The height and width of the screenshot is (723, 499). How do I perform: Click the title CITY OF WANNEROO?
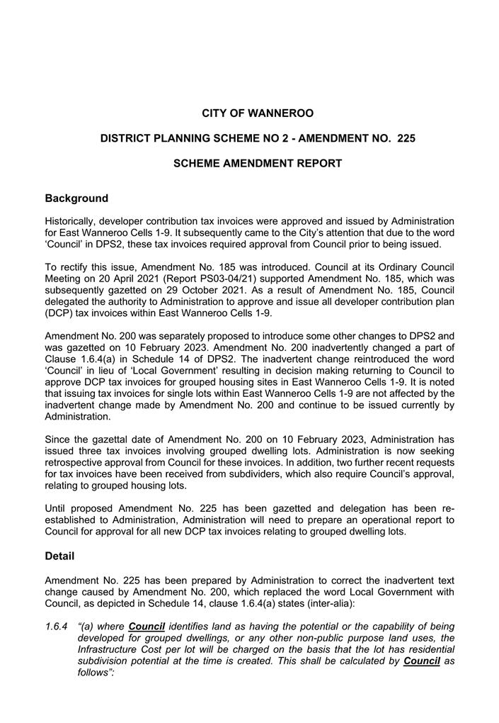(258, 113)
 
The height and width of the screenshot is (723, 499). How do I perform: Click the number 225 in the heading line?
(406, 139)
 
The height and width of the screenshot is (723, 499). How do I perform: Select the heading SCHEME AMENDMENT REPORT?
(258, 164)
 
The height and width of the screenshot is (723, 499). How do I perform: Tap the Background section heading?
(76, 198)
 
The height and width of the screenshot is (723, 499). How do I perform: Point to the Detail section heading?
(59, 556)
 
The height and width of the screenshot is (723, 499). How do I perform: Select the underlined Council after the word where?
(147, 627)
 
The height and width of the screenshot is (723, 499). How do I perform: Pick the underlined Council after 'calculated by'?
(421, 661)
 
